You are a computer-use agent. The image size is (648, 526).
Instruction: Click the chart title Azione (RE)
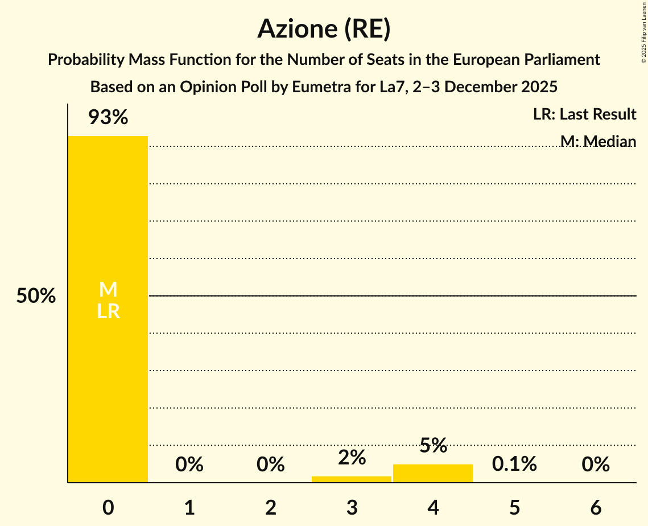pyautogui.click(x=324, y=29)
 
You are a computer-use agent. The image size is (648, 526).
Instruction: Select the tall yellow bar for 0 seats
pyautogui.click(x=108, y=370)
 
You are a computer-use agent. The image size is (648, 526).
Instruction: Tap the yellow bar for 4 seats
pyautogui.click(x=433, y=474)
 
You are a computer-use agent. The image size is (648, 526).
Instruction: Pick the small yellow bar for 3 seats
pyautogui.click(x=352, y=479)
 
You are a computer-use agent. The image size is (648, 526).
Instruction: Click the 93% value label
pyautogui.click(x=108, y=118)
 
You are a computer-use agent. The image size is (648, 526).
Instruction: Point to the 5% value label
pyautogui.click(x=433, y=446)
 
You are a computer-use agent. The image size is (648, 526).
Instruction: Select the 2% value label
pyautogui.click(x=352, y=457)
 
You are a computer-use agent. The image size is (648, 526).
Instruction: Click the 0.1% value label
pyautogui.click(x=514, y=465)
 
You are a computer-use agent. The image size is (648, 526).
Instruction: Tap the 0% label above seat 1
pyautogui.click(x=189, y=465)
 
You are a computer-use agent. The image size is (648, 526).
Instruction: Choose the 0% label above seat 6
pyautogui.click(x=596, y=465)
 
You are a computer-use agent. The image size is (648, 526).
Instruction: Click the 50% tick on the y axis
pyautogui.click(x=36, y=296)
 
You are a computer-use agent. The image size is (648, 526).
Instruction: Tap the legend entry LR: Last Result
pyautogui.click(x=584, y=114)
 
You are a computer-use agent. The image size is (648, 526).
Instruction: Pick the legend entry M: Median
pyautogui.click(x=597, y=141)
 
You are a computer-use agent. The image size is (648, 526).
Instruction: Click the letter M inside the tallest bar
pyautogui.click(x=108, y=290)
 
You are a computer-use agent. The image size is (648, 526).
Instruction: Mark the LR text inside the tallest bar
pyautogui.click(x=108, y=311)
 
